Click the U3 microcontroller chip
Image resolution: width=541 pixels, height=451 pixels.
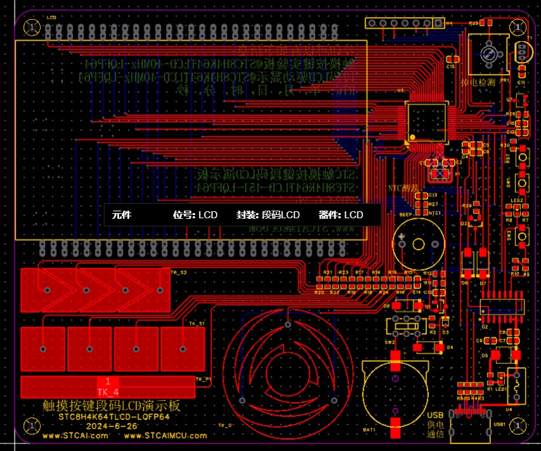tap(426, 120)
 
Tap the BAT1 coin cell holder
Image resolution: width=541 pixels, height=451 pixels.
tap(395, 393)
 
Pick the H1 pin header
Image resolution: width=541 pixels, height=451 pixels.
tap(404, 23)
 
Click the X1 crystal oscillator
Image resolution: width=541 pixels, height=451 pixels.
tap(440, 170)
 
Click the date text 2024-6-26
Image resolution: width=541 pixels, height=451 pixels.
tap(113, 426)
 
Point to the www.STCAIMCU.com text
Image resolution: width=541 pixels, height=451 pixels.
tap(161, 435)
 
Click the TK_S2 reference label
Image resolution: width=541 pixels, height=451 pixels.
tap(179, 271)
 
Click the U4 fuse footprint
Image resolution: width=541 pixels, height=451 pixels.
tap(517, 385)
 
